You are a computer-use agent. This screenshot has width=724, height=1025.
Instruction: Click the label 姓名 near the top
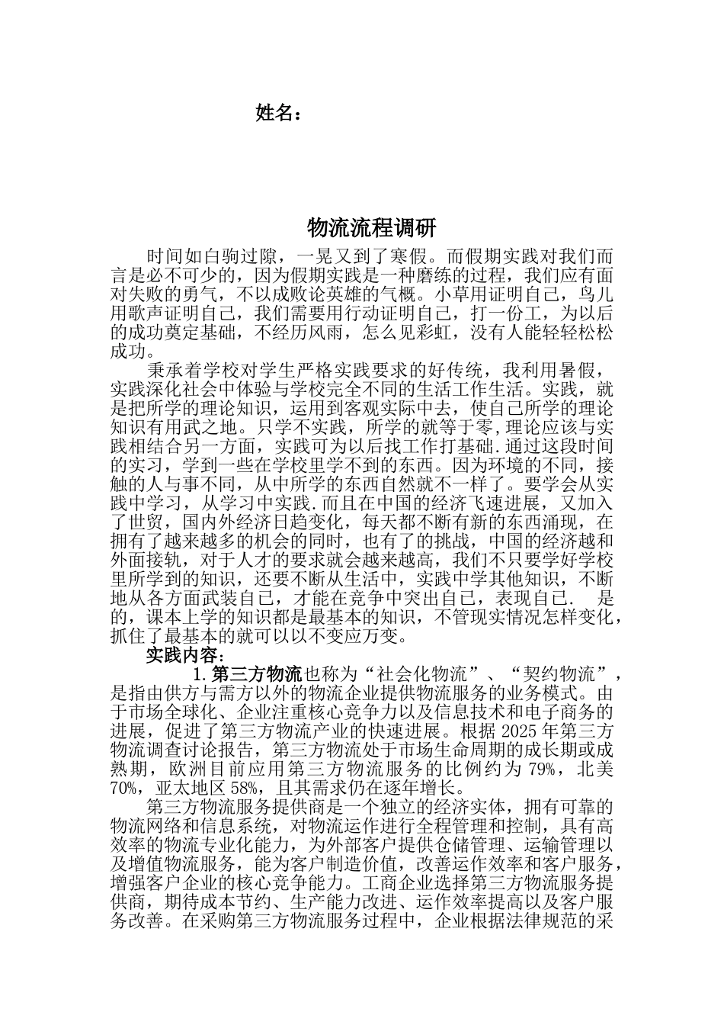(x=274, y=114)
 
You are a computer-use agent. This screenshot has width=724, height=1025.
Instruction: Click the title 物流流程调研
(x=370, y=227)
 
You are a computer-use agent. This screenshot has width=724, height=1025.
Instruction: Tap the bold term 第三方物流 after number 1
(x=256, y=674)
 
